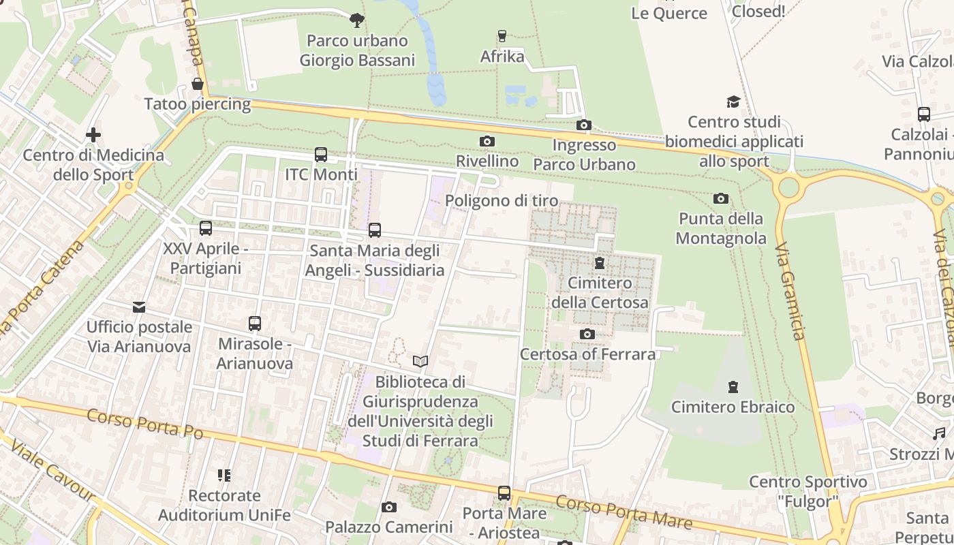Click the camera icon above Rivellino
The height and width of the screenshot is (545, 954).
[x=487, y=142]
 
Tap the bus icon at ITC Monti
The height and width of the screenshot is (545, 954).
[x=321, y=155]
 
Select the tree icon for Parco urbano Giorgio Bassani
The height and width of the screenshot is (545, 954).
[x=356, y=20]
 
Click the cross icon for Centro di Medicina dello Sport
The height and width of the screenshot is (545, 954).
[x=93, y=135]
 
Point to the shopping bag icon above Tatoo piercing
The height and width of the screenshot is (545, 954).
[x=198, y=84]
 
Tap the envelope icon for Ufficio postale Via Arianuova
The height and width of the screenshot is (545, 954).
[x=139, y=307]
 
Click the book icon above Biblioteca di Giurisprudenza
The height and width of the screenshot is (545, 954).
[x=420, y=361]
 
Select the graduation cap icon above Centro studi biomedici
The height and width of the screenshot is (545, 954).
[x=733, y=102]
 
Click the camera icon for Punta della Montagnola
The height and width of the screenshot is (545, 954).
[x=720, y=199]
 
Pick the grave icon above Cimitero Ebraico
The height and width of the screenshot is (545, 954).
[x=733, y=387]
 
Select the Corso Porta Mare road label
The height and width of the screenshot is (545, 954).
[x=624, y=513]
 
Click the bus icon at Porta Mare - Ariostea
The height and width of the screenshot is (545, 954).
[x=504, y=493]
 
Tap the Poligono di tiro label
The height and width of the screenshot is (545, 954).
[x=502, y=201]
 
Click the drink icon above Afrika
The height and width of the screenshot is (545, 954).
[x=502, y=36]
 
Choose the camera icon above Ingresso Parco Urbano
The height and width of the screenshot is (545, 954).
[x=584, y=125]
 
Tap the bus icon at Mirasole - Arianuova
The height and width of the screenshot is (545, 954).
[x=255, y=324]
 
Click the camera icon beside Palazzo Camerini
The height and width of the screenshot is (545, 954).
[x=389, y=507]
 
